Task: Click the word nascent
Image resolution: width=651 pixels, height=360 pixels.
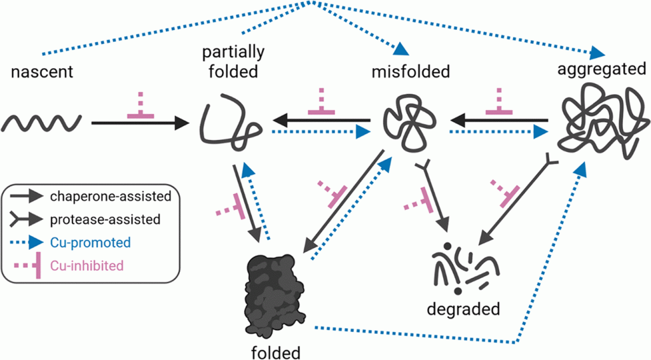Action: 43,72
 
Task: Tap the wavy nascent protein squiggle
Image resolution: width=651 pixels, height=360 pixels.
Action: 43,121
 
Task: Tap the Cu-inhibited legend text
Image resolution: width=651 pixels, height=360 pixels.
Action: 88,265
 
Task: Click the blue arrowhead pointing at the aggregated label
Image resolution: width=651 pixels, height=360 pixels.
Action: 597,52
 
